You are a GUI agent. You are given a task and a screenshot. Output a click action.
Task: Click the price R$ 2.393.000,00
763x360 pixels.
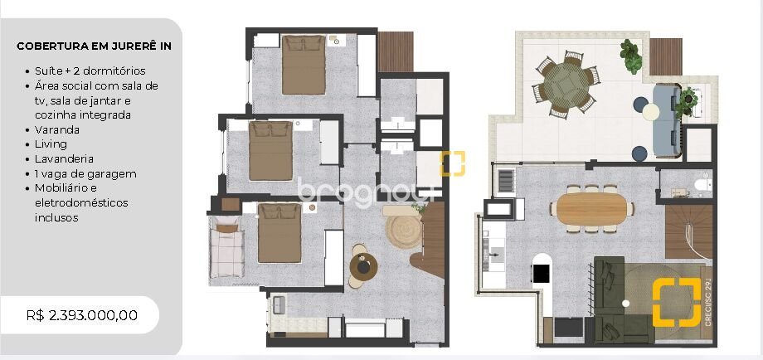click(82, 315)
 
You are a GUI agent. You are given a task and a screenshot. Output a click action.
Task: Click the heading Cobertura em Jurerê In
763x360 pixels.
click(94, 46)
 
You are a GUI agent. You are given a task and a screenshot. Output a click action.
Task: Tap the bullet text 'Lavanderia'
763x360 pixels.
click(64, 158)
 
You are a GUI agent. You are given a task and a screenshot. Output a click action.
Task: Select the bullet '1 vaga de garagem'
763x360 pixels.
click(85, 173)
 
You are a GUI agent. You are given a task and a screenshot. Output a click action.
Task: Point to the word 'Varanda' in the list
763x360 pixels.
click(57, 130)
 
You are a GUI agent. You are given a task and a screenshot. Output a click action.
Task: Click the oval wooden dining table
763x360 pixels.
click(591, 209)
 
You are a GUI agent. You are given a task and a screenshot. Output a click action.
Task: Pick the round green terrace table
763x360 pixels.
click(566, 85)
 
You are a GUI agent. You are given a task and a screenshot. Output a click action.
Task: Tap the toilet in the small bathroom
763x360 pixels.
click(702, 184)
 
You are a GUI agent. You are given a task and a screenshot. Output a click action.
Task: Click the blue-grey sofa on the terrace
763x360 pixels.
click(666, 120)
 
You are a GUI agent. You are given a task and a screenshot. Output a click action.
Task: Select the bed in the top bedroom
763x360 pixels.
click(304, 64)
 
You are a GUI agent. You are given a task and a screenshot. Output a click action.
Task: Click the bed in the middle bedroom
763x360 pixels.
click(270, 151)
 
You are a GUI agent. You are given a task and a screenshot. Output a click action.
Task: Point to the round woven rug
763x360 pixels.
click(403, 231)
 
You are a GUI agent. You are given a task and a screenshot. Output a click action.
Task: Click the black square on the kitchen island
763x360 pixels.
click(542, 273)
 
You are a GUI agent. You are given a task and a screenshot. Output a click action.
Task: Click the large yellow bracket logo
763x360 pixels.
click(677, 302)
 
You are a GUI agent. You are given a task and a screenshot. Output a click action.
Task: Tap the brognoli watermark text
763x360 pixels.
click(366, 193)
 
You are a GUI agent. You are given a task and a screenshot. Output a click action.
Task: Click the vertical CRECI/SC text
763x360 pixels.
click(707, 302)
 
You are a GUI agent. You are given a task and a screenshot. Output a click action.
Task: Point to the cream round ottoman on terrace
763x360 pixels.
click(650, 112)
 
